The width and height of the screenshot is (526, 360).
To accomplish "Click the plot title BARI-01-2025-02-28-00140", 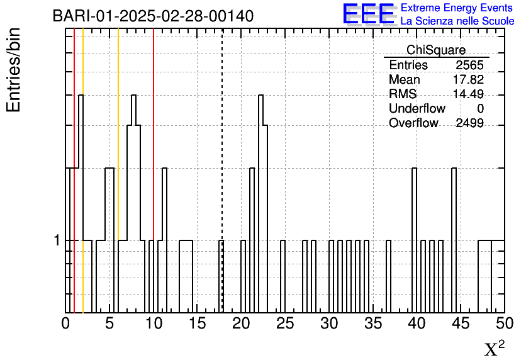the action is [153, 16].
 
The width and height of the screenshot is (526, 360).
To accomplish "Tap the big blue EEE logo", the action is [369, 14].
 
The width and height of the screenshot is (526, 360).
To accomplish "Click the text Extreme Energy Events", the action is [457, 8].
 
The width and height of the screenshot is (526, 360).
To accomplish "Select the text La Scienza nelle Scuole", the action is [457, 21].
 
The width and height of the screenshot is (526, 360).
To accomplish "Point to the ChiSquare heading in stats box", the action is [436, 50].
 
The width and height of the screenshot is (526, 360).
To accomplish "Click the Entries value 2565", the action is [469, 65].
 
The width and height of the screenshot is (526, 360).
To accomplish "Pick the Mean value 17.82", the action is [468, 79].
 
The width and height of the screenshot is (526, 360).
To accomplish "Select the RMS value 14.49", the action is [468, 94].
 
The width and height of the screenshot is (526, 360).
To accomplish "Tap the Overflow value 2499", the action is [469, 123].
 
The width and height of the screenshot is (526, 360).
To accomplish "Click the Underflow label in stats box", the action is [417, 108].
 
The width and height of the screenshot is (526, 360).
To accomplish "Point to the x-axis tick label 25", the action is [285, 323].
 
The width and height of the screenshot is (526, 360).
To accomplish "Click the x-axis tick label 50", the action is [505, 323].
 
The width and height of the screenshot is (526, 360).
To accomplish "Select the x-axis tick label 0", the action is [65, 323].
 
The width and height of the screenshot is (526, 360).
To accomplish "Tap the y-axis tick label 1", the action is [57, 240].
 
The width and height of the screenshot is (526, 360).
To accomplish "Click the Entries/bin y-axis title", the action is [13, 70].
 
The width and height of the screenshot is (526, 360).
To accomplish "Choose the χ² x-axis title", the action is [494, 348].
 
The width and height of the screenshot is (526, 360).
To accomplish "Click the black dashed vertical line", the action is [222, 171].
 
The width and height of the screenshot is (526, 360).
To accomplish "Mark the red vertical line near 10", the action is [154, 171].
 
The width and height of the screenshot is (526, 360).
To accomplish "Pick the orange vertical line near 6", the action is [118, 171].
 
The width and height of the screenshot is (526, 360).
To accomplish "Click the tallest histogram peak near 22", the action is [260, 96].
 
